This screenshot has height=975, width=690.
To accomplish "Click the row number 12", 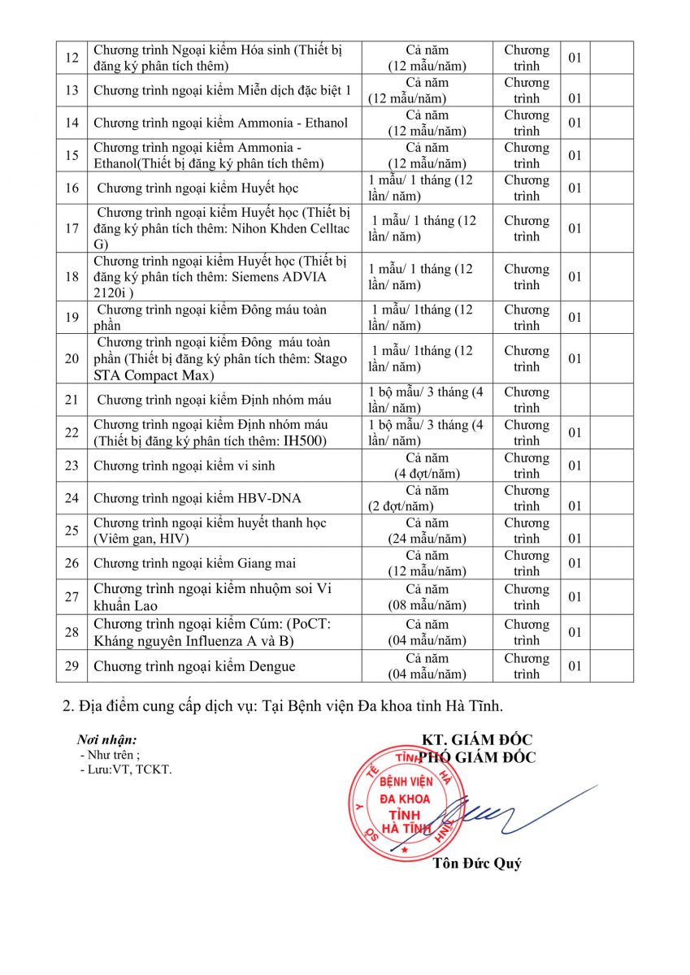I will [72, 58].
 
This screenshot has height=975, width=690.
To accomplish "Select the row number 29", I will [72, 666].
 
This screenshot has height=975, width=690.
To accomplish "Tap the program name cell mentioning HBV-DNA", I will [223, 498].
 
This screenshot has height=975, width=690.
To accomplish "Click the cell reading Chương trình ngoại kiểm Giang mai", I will [223, 563].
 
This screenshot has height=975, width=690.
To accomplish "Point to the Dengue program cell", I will [223, 666].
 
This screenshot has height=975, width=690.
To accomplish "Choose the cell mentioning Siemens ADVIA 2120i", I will [223, 276].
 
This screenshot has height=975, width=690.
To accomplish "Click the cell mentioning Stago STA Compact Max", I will [223, 358].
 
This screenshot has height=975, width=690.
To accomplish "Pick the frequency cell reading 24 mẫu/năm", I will [427, 531].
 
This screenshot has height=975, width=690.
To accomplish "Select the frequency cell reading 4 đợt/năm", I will [427, 466].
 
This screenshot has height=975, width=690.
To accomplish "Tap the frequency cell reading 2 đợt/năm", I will [427, 498].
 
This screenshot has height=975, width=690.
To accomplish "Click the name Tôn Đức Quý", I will [477, 864].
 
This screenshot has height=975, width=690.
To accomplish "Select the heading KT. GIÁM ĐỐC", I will [476, 739].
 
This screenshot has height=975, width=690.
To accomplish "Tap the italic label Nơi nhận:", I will [106, 740].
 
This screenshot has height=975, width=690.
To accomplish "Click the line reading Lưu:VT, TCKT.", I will [127, 769].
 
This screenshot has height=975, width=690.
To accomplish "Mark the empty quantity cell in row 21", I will [575, 400].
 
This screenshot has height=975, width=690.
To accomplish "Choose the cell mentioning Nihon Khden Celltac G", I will [223, 228].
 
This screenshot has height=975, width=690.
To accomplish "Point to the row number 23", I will [72, 466].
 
